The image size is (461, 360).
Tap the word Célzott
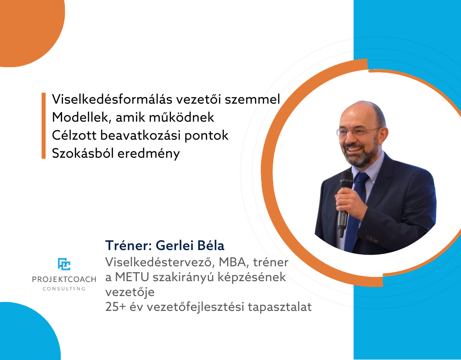pyautogui.click(x=74, y=135)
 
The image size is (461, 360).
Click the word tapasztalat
pyautogui.click(x=280, y=307)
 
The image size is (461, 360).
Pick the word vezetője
pyautogui.click(x=130, y=292)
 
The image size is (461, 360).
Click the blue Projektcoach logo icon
pyautogui.click(x=64, y=264)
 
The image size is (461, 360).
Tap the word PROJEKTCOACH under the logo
pyautogui.click(x=64, y=279)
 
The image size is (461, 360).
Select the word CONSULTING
pyautogui.click(x=64, y=288)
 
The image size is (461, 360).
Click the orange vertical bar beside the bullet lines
pyautogui.click(x=44, y=126)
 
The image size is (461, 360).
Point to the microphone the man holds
pyautogui.click(x=344, y=204)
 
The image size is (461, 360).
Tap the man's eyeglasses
pyautogui.click(x=358, y=131)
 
